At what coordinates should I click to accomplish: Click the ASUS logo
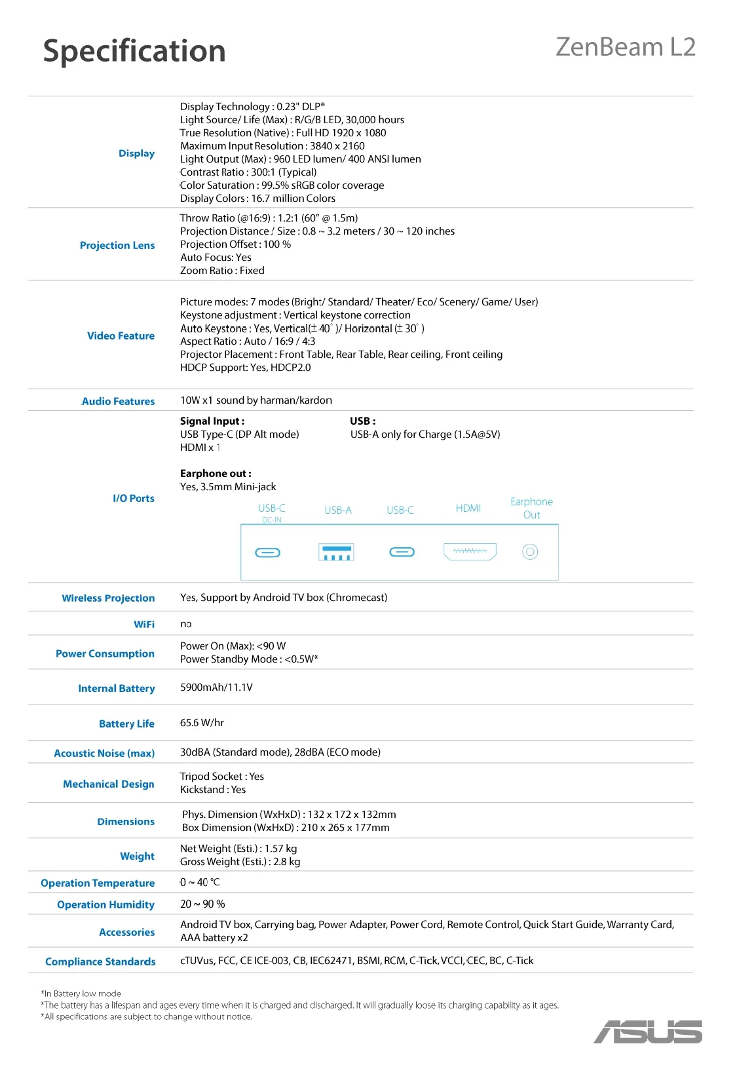pyautogui.click(x=648, y=1032)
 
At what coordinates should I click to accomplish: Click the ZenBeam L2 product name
pyautogui.click(x=625, y=47)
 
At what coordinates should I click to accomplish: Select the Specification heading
pyautogui.click(x=134, y=51)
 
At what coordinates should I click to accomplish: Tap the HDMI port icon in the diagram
pyautogui.click(x=470, y=551)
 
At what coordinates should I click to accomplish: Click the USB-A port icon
pyautogui.click(x=336, y=552)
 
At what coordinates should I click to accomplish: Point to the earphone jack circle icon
pyautogui.click(x=530, y=552)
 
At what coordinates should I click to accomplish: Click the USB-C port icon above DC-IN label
pyautogui.click(x=267, y=552)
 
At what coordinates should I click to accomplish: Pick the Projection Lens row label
pyautogui.click(x=117, y=245)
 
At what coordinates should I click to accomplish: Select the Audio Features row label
pyautogui.click(x=118, y=401)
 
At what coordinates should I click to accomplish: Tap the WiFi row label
pyautogui.click(x=144, y=624)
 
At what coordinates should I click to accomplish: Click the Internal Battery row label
pyautogui.click(x=116, y=688)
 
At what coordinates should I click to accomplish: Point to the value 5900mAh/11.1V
pyautogui.click(x=216, y=687)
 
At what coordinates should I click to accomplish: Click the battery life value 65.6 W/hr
pyautogui.click(x=202, y=723)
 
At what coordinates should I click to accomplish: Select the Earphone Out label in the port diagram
pyautogui.click(x=531, y=508)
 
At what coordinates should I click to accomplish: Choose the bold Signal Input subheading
pyautogui.click(x=212, y=421)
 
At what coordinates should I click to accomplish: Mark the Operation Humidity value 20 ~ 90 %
pyautogui.click(x=202, y=904)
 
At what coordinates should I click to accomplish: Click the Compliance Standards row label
pyautogui.click(x=100, y=961)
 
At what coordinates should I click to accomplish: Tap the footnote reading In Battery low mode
pyautogui.click(x=81, y=994)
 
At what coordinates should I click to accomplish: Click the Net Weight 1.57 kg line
pyautogui.click(x=238, y=848)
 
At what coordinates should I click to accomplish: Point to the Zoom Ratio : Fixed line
pyautogui.click(x=222, y=270)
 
